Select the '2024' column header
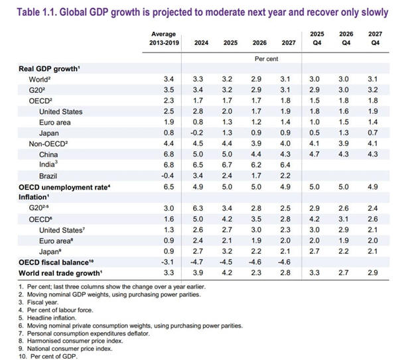[x=201, y=43]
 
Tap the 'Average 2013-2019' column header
[x=163, y=38]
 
